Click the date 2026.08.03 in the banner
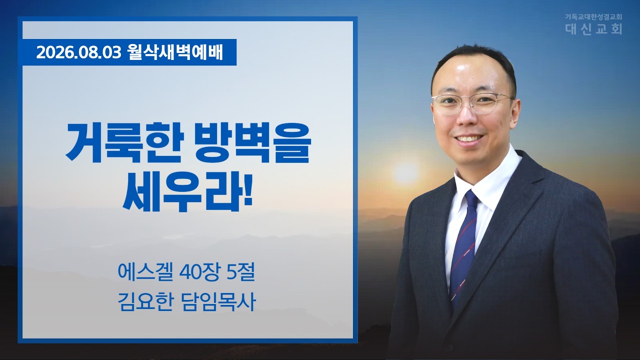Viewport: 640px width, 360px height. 79,53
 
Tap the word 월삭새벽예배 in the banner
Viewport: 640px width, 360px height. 175,52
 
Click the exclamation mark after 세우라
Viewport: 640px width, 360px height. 248,191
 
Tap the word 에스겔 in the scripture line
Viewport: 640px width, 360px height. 145,272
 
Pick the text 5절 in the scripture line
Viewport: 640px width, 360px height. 240,272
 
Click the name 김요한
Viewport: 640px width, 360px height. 145,301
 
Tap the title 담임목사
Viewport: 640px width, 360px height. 218,301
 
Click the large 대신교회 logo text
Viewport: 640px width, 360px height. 593,29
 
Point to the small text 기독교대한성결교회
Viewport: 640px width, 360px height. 593,17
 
